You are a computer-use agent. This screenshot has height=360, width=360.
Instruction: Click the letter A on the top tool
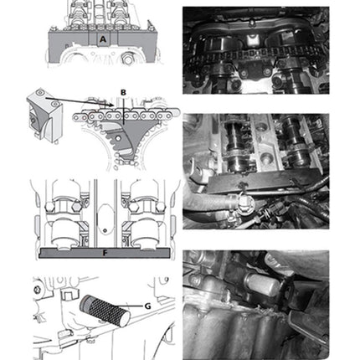pyautogui.click(x=103, y=39)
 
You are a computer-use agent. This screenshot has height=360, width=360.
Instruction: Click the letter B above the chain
pyautogui.click(x=123, y=92)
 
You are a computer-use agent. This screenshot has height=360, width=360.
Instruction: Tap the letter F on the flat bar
pyautogui.click(x=105, y=253)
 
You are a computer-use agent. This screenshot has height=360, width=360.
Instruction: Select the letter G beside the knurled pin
pyautogui.click(x=147, y=306)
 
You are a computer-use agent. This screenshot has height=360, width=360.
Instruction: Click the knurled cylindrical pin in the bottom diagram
pyautogui.click(x=105, y=311)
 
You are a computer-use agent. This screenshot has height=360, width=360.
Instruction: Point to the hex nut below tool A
pyautogui.click(x=126, y=59)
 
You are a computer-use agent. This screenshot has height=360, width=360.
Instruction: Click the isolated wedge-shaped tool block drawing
pyautogui.click(x=44, y=112)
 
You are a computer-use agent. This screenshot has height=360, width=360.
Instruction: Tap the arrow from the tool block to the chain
pyautogui.click(x=80, y=102)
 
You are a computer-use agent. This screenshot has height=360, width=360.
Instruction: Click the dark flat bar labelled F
pyautogui.click(x=104, y=253)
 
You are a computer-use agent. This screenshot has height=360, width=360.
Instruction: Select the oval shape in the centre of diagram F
pyautogui.click(x=105, y=220)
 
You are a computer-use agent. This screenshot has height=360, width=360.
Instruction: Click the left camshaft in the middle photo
pyautogui.click(x=237, y=145)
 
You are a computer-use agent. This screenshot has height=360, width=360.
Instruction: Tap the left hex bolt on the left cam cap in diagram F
pyautogui.click(x=49, y=207)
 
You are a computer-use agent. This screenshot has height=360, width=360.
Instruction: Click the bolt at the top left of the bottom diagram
pyautogui.click(x=37, y=290)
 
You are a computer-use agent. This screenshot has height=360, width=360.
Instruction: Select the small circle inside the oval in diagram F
pyautogui.click(x=105, y=230)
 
